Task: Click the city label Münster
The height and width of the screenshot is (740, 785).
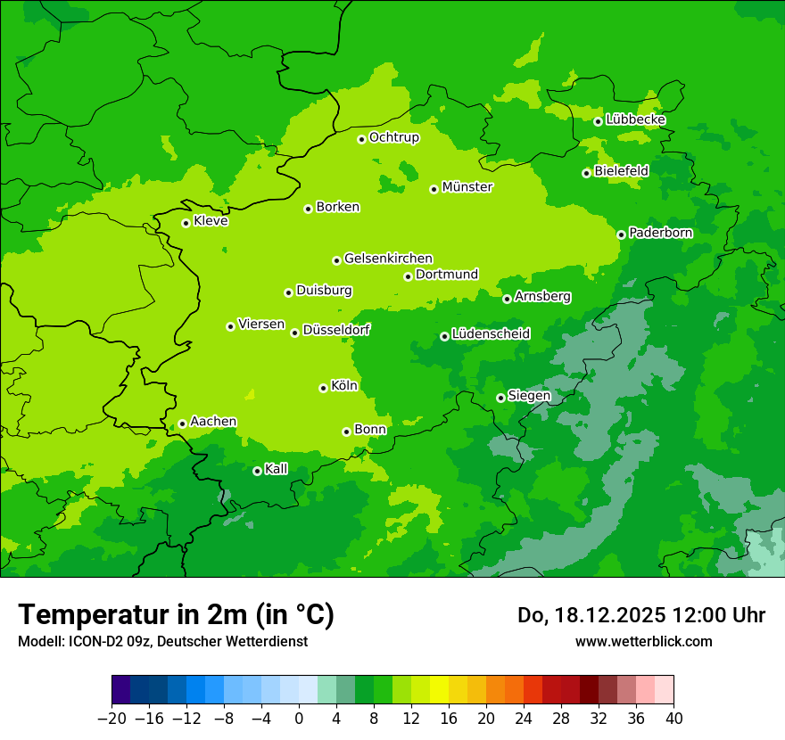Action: coord(467,187)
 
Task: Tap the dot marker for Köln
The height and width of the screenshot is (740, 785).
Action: coord(323,388)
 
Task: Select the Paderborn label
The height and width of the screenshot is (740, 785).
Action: coord(660,233)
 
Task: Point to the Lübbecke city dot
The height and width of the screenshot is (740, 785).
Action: coord(598,121)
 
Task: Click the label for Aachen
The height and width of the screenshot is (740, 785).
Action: coord(213,422)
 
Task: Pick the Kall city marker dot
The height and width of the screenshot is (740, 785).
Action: coord(257,471)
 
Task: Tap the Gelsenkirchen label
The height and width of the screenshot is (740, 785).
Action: coord(388,259)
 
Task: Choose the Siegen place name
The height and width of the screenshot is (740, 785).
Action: coord(529,396)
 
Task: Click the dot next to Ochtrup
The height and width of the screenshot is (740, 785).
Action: coord(361,139)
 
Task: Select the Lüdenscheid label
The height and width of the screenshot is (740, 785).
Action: coord(491,334)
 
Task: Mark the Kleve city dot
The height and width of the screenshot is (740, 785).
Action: coord(186,223)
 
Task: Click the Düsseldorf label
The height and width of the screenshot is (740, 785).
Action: coord(336,331)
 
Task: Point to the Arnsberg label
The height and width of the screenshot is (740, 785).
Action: coord(542,297)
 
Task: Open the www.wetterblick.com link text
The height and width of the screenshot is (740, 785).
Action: coord(643,641)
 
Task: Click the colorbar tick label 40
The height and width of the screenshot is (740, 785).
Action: coord(673,719)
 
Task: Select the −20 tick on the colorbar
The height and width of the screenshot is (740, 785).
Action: coord(112,719)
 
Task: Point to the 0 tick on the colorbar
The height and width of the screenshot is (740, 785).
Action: coord(299,719)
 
